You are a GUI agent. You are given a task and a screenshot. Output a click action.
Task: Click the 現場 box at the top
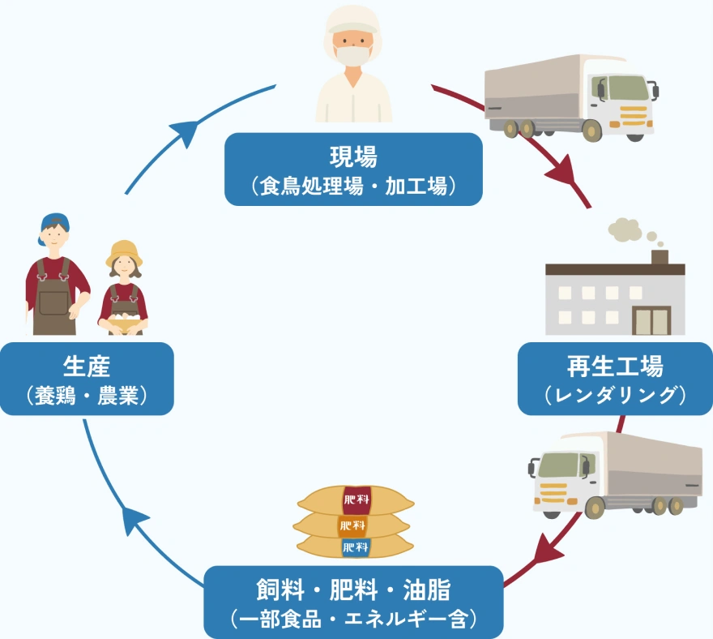tap(353, 169)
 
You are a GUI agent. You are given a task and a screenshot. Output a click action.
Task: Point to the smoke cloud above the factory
tap(625, 230)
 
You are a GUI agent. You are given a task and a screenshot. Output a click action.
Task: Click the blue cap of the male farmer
tap(54, 221)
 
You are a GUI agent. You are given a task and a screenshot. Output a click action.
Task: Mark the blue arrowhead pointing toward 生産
tap(135, 517)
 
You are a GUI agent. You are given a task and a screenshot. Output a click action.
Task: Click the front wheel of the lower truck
tap(596, 508)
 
